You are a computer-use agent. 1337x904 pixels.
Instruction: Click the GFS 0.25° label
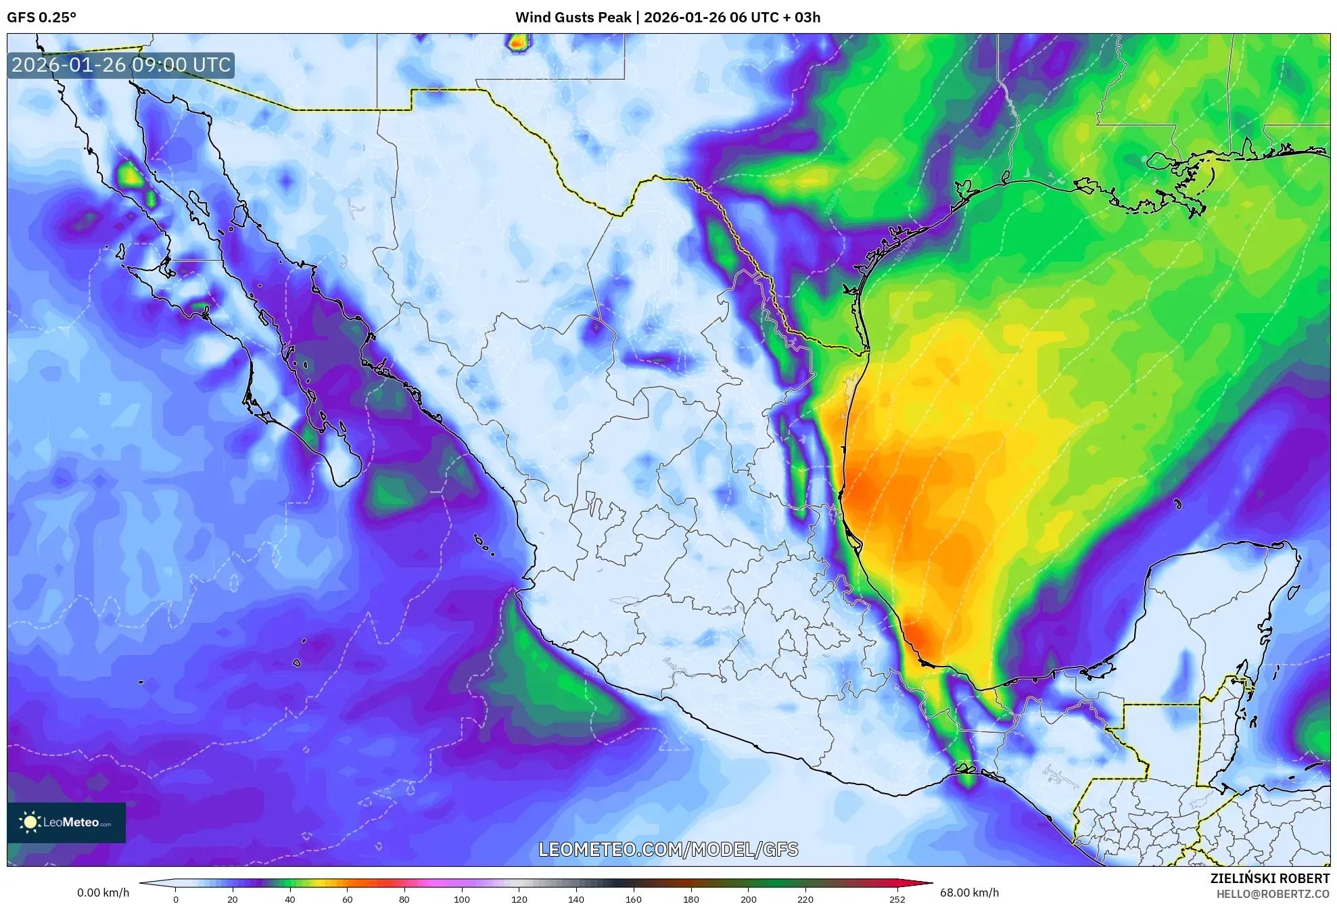coord(41,18)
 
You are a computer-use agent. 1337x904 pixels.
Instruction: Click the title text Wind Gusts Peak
coord(573,18)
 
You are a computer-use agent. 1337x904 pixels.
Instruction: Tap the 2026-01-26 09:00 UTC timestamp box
coord(121,65)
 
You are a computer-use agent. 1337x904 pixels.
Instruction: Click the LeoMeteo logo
coord(66,822)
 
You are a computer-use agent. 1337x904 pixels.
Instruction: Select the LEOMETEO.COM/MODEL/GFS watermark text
coord(668,849)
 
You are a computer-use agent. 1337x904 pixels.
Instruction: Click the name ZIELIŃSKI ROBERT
coord(1269,878)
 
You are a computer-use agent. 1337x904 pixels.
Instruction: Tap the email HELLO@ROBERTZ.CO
coord(1273,894)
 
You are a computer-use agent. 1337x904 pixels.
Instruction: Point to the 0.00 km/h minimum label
coord(103,893)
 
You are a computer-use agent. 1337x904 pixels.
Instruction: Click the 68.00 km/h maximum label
coord(969,893)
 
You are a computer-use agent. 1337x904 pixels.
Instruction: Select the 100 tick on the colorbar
coord(462,899)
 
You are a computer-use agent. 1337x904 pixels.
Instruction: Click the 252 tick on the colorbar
coord(897,899)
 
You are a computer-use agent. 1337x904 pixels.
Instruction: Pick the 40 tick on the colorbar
coord(290,899)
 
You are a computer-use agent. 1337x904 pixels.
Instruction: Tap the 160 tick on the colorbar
coord(634,899)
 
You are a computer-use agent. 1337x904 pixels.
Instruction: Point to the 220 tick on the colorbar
coord(805,899)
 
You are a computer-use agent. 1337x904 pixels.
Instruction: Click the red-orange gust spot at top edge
coord(517,44)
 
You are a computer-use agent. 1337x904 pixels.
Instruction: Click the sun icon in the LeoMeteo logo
coord(30,822)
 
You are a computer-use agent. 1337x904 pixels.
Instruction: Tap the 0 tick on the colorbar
coord(176,899)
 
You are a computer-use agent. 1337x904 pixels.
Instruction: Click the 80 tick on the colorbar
coord(404,899)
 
